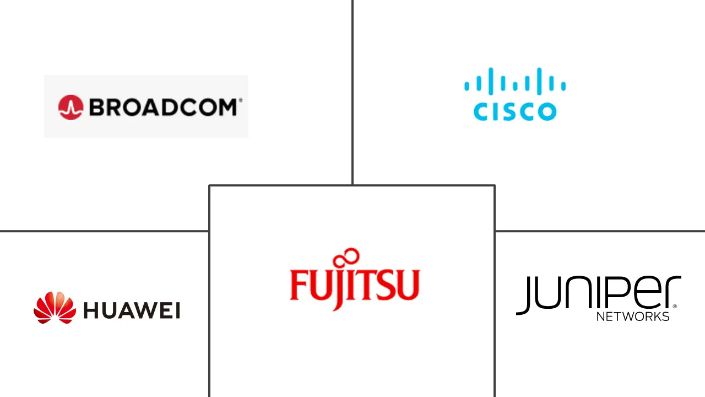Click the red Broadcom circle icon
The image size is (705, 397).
(70, 107)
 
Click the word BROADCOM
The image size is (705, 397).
(163, 107)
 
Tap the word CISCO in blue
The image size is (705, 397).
(515, 112)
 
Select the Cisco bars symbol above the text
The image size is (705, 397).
(515, 81)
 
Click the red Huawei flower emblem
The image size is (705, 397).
(55, 308)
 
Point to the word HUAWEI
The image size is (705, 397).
(132, 310)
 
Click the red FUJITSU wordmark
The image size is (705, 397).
(354, 284)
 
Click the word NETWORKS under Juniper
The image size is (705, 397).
(633, 316)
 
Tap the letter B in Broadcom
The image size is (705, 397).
(97, 107)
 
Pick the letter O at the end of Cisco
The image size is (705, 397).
(547, 112)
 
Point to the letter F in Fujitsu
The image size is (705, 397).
(298, 284)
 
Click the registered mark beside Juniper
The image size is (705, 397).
(675, 306)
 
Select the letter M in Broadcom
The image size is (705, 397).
(227, 107)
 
